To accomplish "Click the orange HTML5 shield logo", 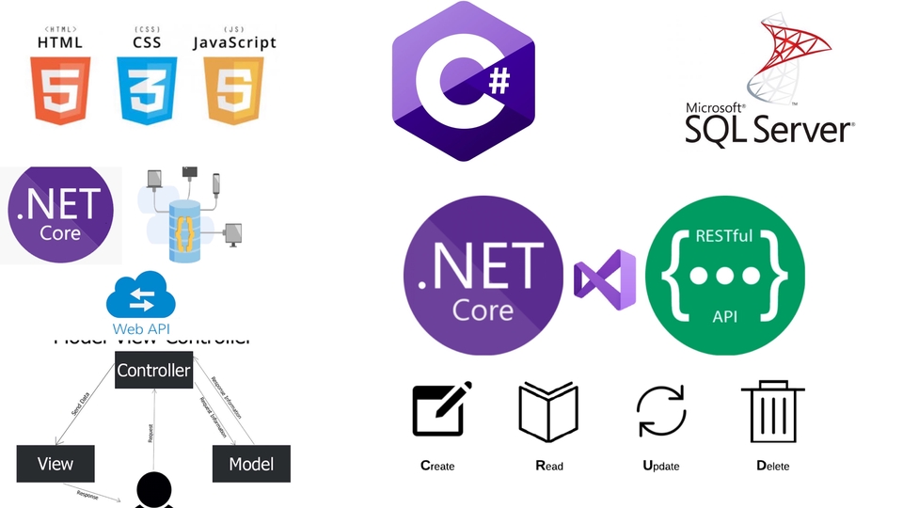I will point(60,90).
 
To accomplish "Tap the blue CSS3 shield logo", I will point(147,90).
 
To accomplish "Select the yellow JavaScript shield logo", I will point(234,90).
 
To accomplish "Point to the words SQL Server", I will point(768,128).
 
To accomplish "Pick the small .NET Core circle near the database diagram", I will point(59,215).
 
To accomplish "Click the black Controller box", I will point(153,371).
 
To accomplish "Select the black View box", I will point(55,464).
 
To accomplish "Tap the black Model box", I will point(251,464).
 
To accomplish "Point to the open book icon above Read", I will point(548,412).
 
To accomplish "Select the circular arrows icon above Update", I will point(662,412).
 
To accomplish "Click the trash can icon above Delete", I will point(772,411).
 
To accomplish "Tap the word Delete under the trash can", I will point(772,466).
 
